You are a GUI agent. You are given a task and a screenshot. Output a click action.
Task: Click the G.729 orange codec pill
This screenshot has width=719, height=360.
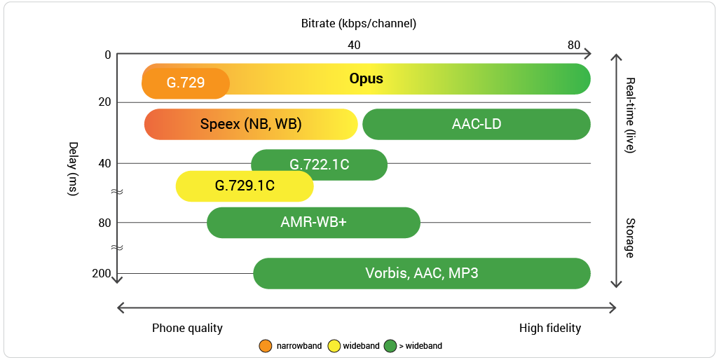point(186,83)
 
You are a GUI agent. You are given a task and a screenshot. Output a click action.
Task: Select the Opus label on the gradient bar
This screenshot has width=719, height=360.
point(367,78)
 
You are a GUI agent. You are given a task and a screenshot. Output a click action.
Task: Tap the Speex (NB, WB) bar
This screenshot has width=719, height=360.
point(251,124)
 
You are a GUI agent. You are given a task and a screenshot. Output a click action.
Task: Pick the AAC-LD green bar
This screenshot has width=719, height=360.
point(477,124)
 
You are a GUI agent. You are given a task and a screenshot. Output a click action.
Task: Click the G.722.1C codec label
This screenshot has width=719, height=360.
point(320,165)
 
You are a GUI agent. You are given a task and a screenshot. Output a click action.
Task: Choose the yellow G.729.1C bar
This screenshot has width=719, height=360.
point(244,186)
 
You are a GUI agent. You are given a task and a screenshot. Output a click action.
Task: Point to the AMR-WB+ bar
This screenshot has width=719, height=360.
point(313,223)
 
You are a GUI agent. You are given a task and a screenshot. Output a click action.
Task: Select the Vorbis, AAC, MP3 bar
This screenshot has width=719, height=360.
point(421,273)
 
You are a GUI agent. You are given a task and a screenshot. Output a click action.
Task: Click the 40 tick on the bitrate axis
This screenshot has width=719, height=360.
point(354,45)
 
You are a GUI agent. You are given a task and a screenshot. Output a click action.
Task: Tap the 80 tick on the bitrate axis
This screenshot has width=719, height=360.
point(574,45)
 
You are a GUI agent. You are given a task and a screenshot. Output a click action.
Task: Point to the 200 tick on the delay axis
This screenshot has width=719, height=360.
point(102,273)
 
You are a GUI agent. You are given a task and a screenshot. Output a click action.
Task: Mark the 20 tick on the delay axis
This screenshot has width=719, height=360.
point(104,102)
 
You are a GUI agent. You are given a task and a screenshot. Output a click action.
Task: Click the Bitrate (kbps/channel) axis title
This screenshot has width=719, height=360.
point(359,23)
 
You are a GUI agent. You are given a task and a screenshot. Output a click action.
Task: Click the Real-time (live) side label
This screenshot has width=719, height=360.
point(629,116)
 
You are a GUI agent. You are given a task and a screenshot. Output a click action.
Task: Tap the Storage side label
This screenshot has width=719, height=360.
point(629,237)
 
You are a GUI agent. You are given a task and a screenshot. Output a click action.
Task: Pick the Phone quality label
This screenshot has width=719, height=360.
point(187,328)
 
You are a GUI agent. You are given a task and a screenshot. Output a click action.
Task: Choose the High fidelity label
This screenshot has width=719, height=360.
point(550,328)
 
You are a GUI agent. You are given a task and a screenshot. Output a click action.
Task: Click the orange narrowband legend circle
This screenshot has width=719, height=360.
point(266,345)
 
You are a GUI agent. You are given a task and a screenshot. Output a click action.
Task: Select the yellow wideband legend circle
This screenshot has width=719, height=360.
point(334,345)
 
